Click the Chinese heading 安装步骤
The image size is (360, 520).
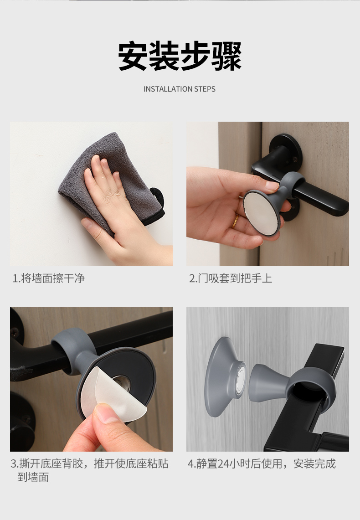point(180,56)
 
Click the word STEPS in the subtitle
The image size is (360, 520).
point(205,89)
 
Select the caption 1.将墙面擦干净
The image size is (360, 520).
point(48,278)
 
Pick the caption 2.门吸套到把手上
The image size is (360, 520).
point(231,278)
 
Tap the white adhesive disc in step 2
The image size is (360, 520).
point(262,213)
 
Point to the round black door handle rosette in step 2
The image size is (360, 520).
point(286,151)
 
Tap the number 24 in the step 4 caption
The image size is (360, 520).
point(224,463)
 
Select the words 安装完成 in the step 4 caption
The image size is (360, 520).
point(314,463)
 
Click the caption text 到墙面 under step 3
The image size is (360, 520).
point(33,477)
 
